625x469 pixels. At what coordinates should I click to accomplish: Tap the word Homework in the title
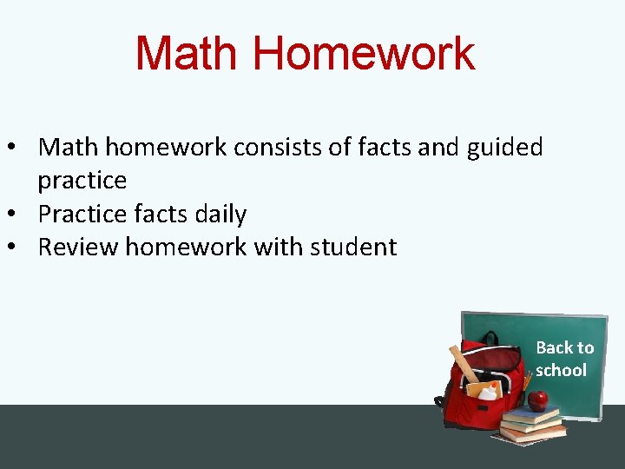(364, 54)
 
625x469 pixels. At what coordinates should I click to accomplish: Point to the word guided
(504, 147)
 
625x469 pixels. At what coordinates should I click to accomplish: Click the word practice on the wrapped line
(82, 181)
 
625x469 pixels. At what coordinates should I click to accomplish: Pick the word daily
(215, 214)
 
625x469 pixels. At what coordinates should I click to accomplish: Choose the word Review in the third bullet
(78, 247)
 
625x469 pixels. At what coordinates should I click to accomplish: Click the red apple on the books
(538, 400)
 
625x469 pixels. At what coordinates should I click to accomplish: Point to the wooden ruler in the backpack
(464, 365)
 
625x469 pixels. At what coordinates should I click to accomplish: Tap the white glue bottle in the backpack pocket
(488, 392)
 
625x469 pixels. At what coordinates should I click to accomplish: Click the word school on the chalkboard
(561, 370)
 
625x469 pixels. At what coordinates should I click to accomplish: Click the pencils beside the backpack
(526, 383)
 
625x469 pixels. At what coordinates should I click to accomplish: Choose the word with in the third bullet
(273, 247)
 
